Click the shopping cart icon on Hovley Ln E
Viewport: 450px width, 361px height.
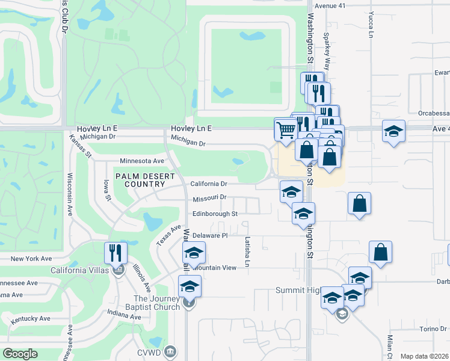click(x=286, y=129)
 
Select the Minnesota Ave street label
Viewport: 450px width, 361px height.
click(x=142, y=161)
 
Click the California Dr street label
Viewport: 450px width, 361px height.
click(x=208, y=184)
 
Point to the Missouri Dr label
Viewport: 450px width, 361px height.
click(x=209, y=198)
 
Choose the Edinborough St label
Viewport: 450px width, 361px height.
click(x=215, y=214)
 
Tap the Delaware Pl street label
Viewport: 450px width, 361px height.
click(x=209, y=236)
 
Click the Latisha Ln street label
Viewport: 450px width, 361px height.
click(x=247, y=251)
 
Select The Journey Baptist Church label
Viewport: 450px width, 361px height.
click(x=156, y=303)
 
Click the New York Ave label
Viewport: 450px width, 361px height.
click(x=32, y=259)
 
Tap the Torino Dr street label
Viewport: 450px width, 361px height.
click(x=433, y=329)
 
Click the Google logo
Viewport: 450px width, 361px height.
click(x=20, y=354)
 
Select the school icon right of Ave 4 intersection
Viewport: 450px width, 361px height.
click(x=393, y=132)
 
